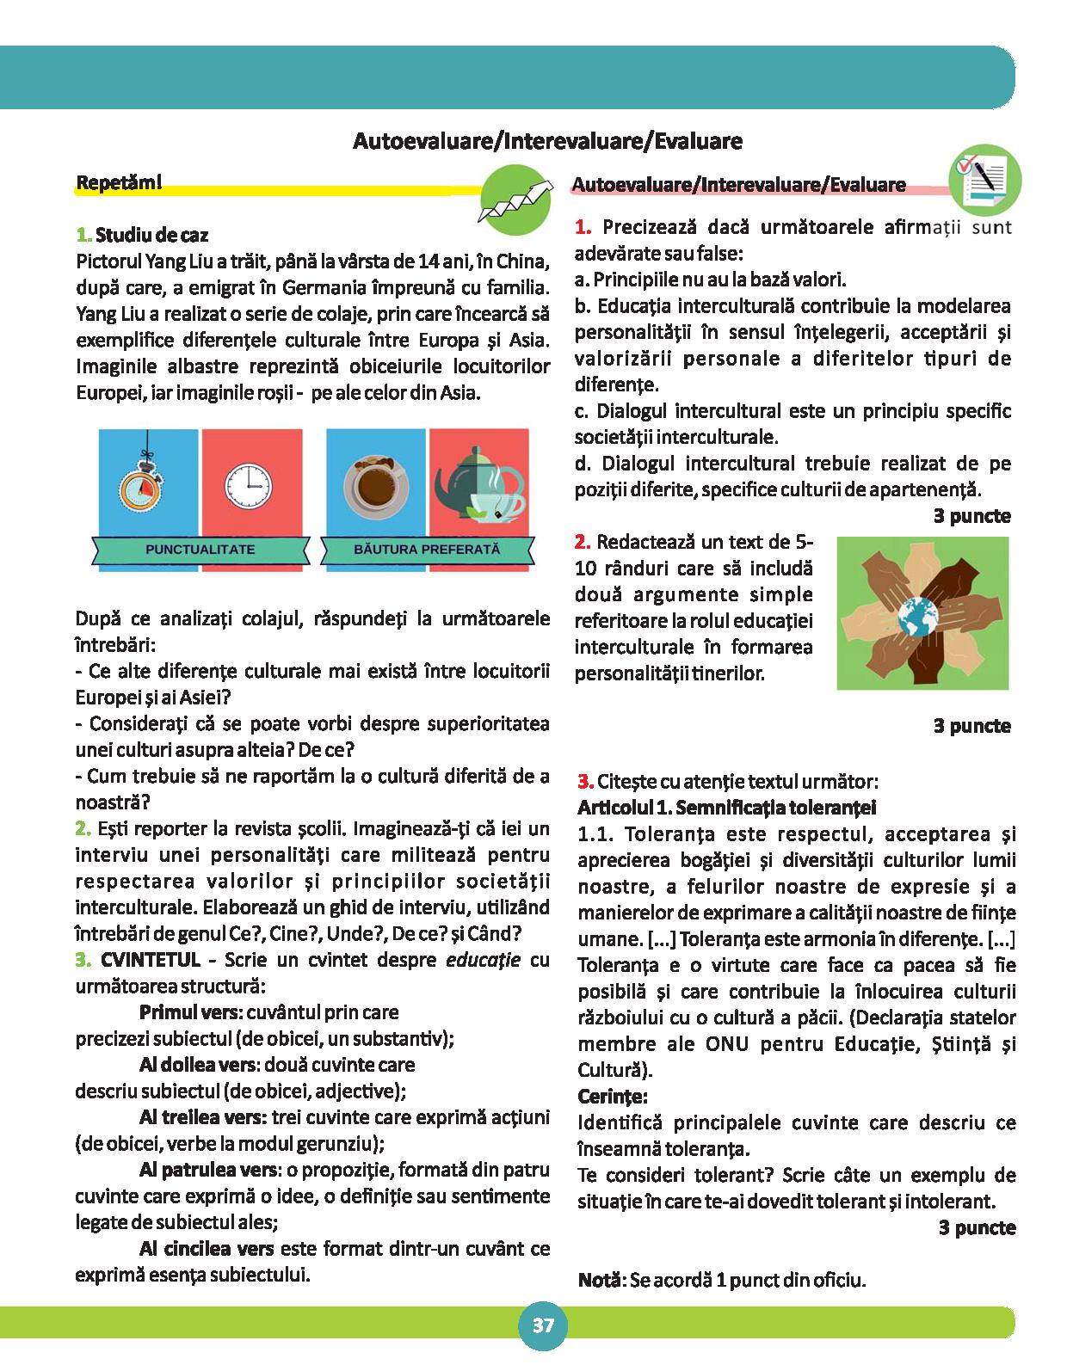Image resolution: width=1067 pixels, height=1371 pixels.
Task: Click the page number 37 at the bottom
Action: pos(543,1325)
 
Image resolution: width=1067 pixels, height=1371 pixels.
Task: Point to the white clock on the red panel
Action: pos(250,485)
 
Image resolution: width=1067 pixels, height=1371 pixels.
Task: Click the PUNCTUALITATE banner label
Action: pos(200,549)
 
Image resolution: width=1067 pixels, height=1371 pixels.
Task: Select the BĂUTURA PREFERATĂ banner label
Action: pos(427,548)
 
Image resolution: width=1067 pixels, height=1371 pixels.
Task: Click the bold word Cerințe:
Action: pos(613,1097)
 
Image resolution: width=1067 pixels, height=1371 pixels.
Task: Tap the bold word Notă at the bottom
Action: pos(599,1280)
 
